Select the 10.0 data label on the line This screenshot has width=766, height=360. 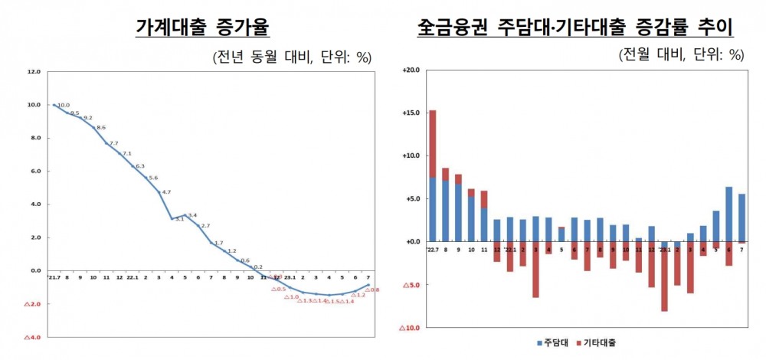tap(64, 106)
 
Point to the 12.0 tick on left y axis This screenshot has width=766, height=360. tap(33, 72)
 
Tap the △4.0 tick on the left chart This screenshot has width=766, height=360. tap(32, 337)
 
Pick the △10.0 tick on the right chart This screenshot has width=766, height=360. tap(409, 328)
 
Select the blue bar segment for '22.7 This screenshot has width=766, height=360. tap(433, 209)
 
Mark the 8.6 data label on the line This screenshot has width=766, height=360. tap(101, 127)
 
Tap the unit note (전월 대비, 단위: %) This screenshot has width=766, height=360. tap(682, 54)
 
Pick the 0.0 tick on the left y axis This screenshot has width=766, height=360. tap(34, 270)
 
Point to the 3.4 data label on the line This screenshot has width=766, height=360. tap(191, 215)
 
